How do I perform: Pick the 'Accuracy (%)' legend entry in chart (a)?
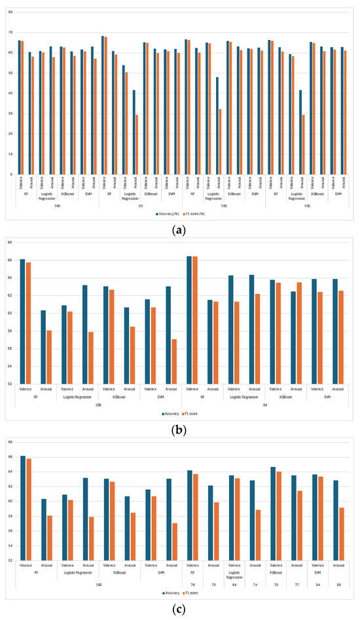(170, 213)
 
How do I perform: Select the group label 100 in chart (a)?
(223, 206)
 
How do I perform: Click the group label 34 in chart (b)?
(264, 405)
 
